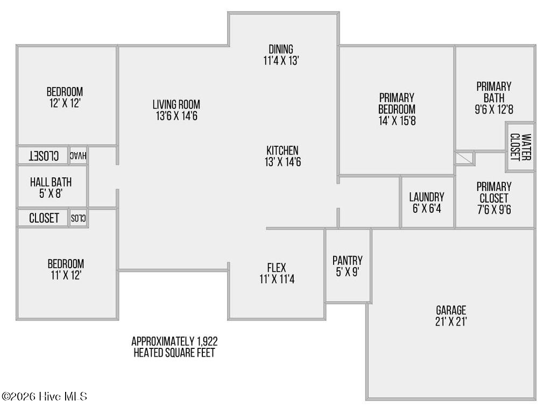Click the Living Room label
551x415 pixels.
coord(176,104)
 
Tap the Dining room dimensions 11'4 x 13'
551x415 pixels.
coord(281,61)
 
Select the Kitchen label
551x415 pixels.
coord(282,151)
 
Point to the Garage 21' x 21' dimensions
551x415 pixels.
coord(451,321)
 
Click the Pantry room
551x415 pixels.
coord(348,266)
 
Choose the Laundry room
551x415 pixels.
coord(427,202)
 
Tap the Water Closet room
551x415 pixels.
coord(520,147)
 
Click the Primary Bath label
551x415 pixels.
coord(494,92)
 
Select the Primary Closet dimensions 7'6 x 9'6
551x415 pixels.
coord(494,210)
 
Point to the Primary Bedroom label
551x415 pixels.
coord(397,103)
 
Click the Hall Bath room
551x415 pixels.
coord(52,187)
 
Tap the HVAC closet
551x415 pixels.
coord(78,155)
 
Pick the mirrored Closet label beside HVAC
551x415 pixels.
coord(44,156)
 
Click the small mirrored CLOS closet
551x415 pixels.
coord(78,218)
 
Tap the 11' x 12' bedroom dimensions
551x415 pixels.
coord(66,275)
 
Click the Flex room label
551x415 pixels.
coord(277,268)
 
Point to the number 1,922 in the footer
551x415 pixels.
coord(207,341)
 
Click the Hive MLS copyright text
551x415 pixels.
coord(44,396)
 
